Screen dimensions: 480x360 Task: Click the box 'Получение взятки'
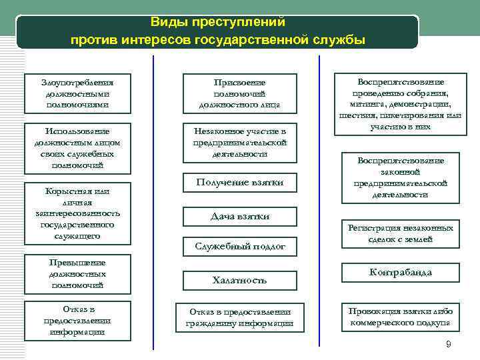tap(239, 183)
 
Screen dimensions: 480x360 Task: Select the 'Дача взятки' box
tap(239, 217)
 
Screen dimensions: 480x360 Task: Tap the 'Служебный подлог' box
tap(239, 247)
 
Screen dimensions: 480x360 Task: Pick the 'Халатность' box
tap(239, 280)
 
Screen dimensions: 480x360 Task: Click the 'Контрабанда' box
tap(400, 273)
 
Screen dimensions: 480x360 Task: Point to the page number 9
tap(448, 344)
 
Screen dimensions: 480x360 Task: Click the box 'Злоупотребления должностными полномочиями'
tap(77, 93)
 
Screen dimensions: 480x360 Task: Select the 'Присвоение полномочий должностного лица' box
tap(239, 93)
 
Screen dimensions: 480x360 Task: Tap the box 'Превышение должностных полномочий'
tap(77, 274)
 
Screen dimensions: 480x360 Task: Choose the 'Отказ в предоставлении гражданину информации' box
tap(239, 317)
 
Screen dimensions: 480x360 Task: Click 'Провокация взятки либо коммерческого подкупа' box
tap(400, 317)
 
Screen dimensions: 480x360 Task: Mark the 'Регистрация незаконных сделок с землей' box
tap(400, 233)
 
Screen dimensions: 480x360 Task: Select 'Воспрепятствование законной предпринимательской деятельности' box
tap(400, 178)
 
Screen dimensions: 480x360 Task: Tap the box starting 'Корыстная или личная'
tap(77, 213)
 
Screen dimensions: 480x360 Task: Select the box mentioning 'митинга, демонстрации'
tap(400, 104)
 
